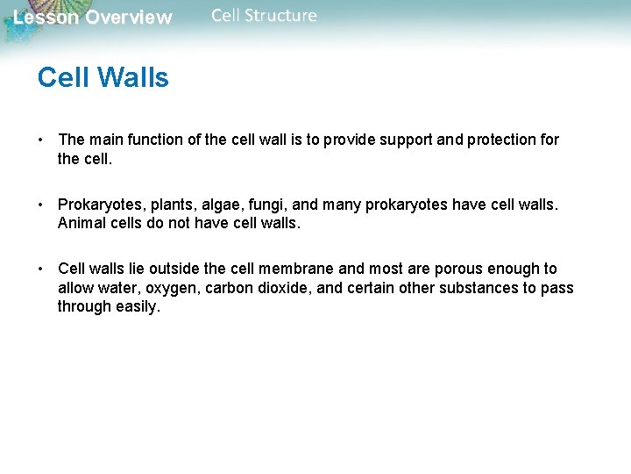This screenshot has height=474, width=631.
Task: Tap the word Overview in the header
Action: pyautogui.click(x=129, y=18)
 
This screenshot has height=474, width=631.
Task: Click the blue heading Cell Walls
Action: pyautogui.click(x=103, y=78)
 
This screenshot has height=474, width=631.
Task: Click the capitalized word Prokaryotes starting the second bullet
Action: pyautogui.click(x=101, y=205)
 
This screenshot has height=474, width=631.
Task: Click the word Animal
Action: pyautogui.click(x=82, y=223)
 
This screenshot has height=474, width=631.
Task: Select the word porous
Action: pyautogui.click(x=464, y=269)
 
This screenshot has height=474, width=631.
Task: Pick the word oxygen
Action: pyautogui.click(x=175, y=288)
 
